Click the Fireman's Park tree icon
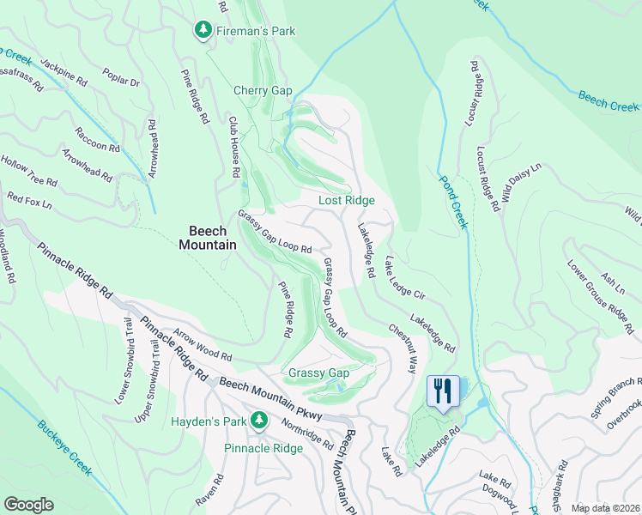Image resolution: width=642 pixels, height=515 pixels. (203, 31)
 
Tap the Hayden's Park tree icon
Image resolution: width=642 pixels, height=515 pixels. (257, 421)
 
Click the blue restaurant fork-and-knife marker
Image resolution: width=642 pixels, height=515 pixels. (443, 391)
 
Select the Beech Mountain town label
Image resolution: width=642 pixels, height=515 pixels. (207, 238)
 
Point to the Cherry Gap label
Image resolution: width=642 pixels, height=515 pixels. (263, 90)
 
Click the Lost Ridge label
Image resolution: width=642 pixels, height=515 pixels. (347, 200)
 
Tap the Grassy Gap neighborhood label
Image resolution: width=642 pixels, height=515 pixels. (318, 373)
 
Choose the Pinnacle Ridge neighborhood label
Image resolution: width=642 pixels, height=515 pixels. (263, 448)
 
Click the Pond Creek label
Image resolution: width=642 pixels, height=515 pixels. (454, 203)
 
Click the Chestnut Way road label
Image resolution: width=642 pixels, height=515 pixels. (403, 347)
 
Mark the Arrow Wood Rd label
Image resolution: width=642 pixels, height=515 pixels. (203, 343)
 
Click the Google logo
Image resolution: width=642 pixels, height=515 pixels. (28, 505)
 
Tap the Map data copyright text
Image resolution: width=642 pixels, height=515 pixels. (606, 507)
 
